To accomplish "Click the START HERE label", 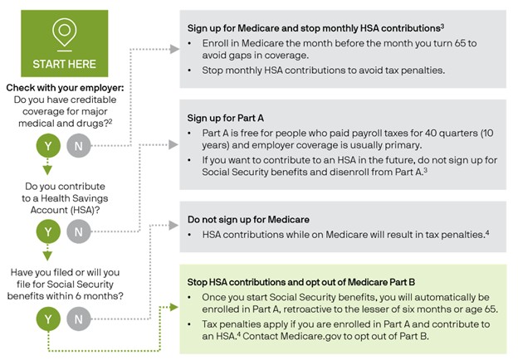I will tap(64, 63).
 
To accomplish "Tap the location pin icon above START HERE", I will tap(64, 33).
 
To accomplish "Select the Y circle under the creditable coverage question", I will tap(47, 148).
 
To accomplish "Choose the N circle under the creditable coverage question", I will tap(78, 148).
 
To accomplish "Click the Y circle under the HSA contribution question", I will tap(47, 231).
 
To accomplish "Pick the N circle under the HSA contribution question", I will tap(78, 231).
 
